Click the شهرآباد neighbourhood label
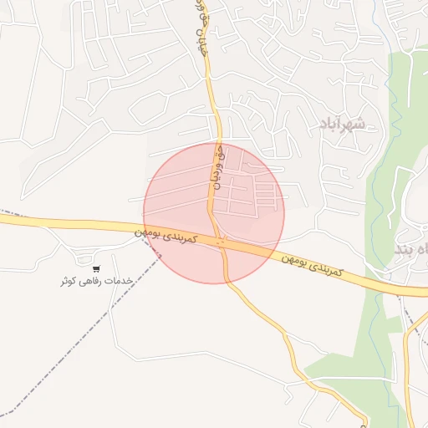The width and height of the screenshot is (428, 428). coord(343,125)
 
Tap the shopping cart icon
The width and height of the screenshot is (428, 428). coord(97,269)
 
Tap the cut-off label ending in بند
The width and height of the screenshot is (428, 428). coord(408,248)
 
